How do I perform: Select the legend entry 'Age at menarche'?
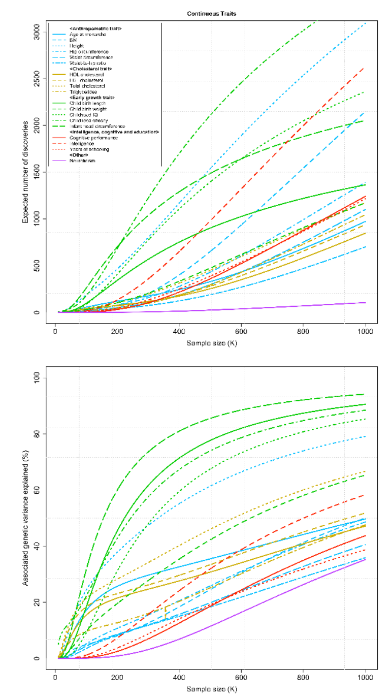85,35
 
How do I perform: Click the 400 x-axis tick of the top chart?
179,332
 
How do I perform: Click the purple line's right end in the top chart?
365,303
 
